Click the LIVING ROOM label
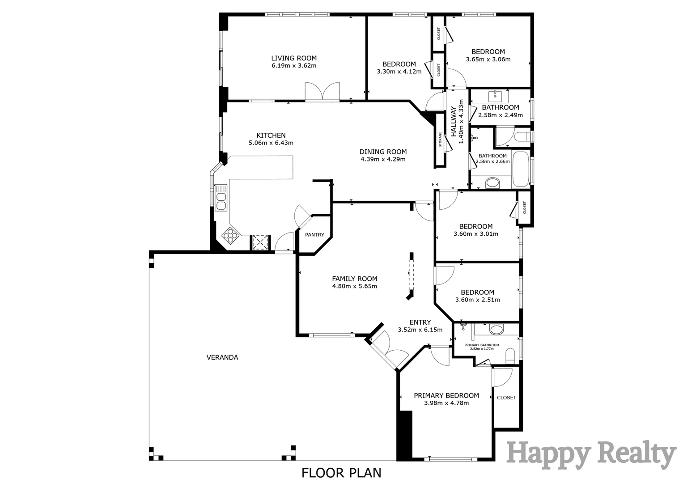(294, 58)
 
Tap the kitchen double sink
(221, 198)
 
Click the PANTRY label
(314, 235)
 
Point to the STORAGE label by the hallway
(440, 140)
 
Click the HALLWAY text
(453, 122)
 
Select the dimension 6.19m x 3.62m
(294, 66)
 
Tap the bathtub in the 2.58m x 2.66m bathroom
(521, 169)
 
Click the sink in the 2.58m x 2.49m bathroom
(496, 95)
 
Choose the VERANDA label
(222, 357)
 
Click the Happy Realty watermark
(591, 454)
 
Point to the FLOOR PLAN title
(341, 472)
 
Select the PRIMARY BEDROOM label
(446, 395)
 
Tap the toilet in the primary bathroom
(510, 356)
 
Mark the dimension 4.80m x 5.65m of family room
(354, 286)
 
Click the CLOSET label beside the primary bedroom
(506, 398)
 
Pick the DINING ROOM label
(383, 152)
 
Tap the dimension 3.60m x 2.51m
(477, 300)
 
